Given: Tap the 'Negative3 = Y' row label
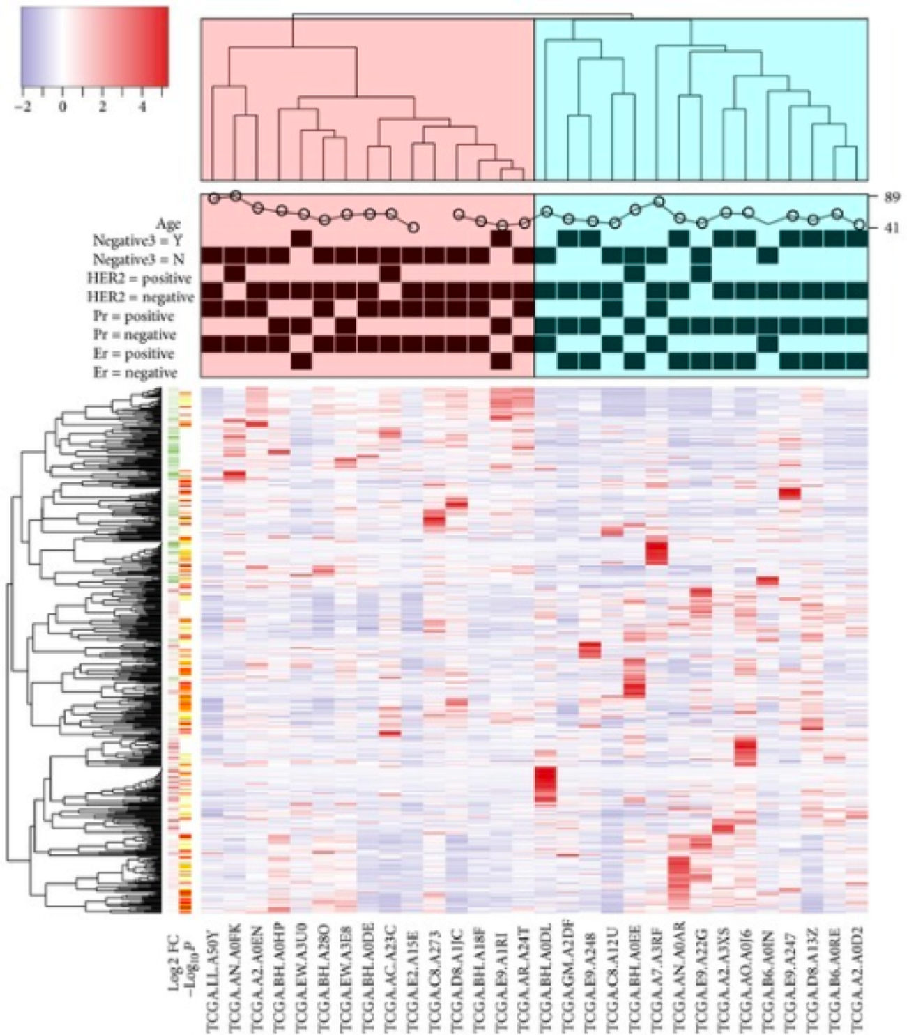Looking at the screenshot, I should click(x=137, y=241).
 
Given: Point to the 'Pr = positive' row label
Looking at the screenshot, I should click(x=134, y=316).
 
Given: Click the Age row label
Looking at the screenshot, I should click(x=168, y=223).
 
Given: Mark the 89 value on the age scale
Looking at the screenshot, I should click(x=892, y=198).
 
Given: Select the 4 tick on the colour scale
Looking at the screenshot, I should click(x=142, y=108).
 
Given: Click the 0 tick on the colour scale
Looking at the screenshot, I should click(x=63, y=108).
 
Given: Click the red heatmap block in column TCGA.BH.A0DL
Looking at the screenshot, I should click(x=545, y=784).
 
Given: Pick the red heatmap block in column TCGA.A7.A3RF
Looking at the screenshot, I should click(x=657, y=553).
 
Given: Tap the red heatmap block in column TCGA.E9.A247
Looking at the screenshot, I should click(x=790, y=493).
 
